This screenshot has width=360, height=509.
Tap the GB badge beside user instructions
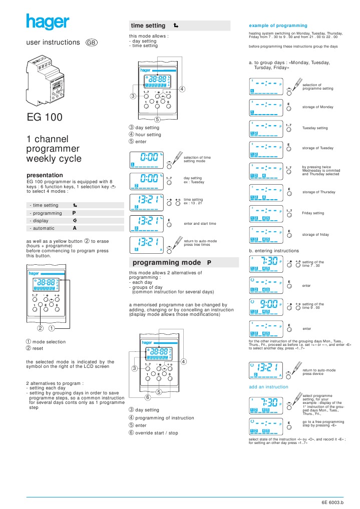click(x=92, y=43)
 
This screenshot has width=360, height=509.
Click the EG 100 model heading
click(x=45, y=118)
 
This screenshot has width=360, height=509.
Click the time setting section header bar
click(x=179, y=26)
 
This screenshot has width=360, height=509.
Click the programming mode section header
click(x=179, y=262)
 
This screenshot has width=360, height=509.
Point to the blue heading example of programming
click(x=278, y=25)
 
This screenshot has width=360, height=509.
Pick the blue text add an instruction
click(x=269, y=387)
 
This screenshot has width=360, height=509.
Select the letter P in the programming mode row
click(x=74, y=213)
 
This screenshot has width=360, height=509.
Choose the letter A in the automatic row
click(x=74, y=228)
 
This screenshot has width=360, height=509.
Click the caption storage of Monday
click(x=315, y=107)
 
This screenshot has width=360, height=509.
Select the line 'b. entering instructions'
click(x=274, y=250)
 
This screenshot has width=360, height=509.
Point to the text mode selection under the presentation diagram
click(x=49, y=342)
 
